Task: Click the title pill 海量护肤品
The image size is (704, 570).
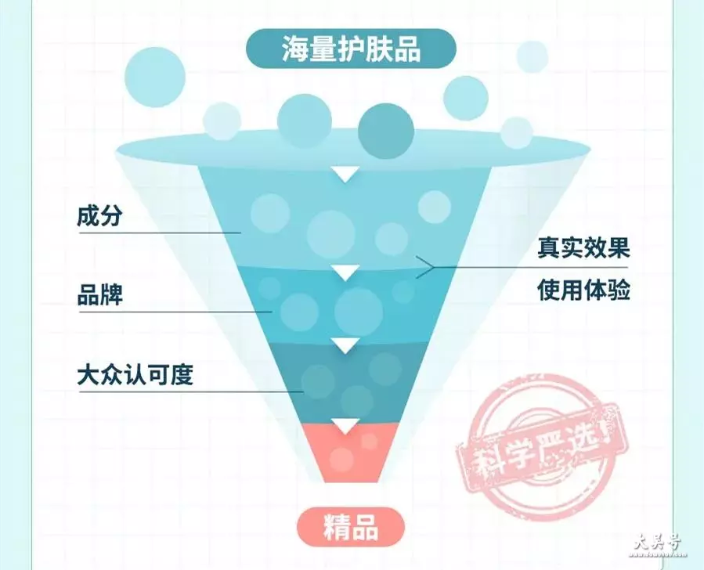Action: [351, 49]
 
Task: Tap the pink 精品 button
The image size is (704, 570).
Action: [351, 528]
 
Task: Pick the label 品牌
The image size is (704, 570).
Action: [100, 295]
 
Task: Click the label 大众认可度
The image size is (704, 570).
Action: [135, 374]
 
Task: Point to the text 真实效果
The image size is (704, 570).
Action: [583, 247]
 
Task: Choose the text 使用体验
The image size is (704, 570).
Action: [583, 290]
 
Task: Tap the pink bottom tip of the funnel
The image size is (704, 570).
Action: [345, 453]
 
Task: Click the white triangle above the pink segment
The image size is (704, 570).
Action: [345, 425]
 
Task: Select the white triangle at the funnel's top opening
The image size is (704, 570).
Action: [345, 174]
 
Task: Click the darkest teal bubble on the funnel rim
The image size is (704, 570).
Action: [386, 131]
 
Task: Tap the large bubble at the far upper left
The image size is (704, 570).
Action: [155, 77]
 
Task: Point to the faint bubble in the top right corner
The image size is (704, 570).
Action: [532, 56]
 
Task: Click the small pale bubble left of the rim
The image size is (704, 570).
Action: [222, 121]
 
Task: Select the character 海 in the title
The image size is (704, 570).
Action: [295, 49]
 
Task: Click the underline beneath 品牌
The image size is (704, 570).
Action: [175, 312]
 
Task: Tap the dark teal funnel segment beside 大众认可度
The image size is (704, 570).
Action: [345, 381]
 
